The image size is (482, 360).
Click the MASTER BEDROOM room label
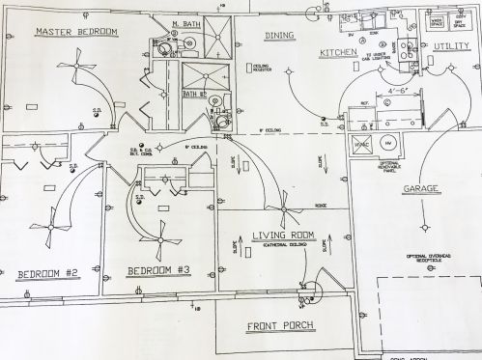[x=76, y=32]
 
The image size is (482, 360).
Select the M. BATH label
[x=186, y=23]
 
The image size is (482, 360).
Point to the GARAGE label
[x=422, y=189]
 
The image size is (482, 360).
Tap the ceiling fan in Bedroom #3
[x=157, y=237]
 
